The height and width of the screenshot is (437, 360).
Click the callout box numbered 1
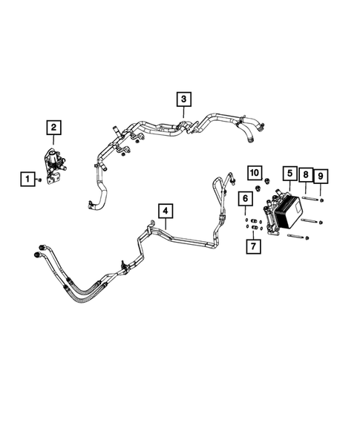pyautogui.click(x=27, y=179)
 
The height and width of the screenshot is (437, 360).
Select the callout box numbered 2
pyautogui.click(x=53, y=128)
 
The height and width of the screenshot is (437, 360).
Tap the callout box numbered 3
pyautogui.click(x=183, y=98)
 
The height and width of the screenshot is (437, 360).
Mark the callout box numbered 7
pyautogui.click(x=253, y=245)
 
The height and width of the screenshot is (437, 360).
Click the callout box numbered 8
pyautogui.click(x=305, y=176)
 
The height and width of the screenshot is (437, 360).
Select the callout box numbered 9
pyautogui.click(x=321, y=176)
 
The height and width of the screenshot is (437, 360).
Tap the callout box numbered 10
pyautogui.click(x=255, y=174)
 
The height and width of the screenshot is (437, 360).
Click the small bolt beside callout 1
pyautogui.click(x=39, y=180)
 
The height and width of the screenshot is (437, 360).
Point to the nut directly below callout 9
pyautogui.click(x=321, y=199)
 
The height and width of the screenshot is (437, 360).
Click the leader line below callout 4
pyautogui.click(x=165, y=227)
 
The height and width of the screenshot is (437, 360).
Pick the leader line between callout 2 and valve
pyautogui.click(x=53, y=143)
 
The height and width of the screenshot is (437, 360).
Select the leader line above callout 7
pyautogui.click(x=253, y=231)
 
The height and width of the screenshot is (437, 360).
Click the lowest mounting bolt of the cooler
pyautogui.click(x=294, y=237)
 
